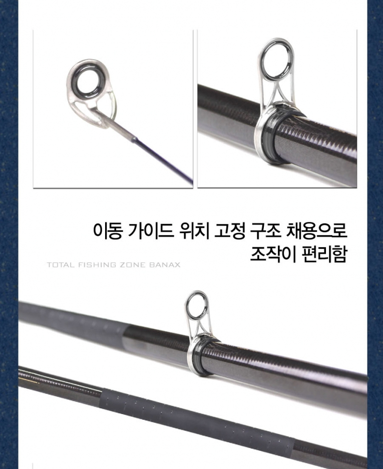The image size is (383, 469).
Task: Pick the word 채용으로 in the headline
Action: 317,231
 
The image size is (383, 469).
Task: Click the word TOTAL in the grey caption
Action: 61,265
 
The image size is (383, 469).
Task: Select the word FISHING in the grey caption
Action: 97,265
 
